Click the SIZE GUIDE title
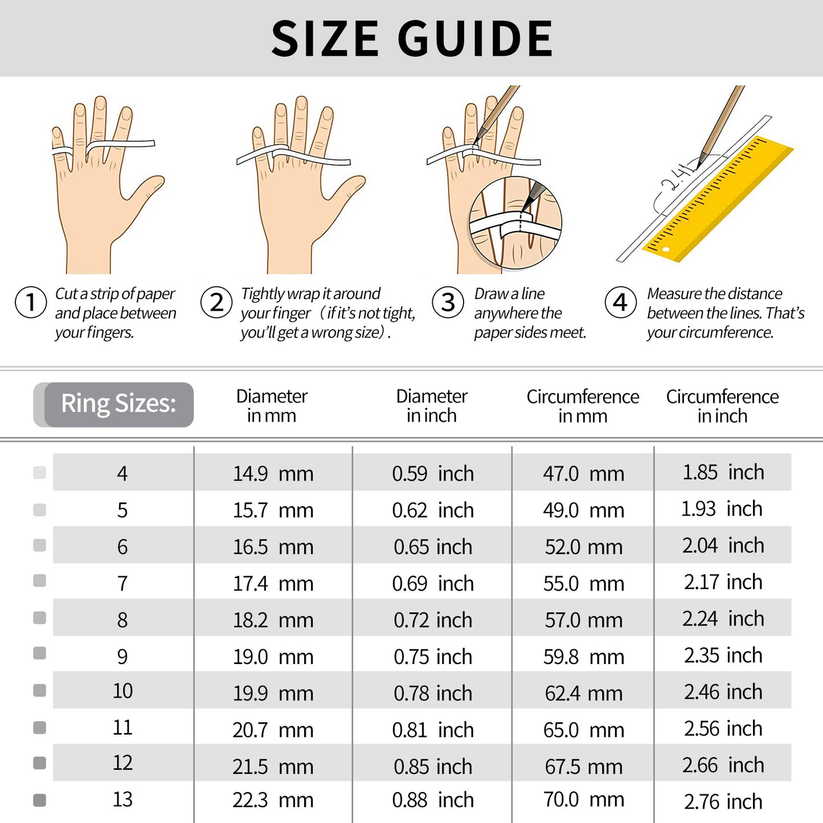(412, 39)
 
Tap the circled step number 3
(448, 302)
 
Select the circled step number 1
(31, 302)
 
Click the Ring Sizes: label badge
(118, 404)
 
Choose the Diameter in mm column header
(272, 406)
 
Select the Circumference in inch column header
(722, 406)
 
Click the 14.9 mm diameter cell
(273, 473)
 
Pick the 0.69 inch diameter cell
(432, 583)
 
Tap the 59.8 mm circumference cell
(583, 657)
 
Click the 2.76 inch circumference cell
(723, 801)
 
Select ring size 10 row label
(122, 691)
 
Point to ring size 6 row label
(122, 547)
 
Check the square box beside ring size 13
(40, 800)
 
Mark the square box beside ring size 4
(40, 472)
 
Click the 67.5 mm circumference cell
(583, 767)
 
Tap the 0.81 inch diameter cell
(432, 730)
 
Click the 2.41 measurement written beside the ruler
(678, 178)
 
